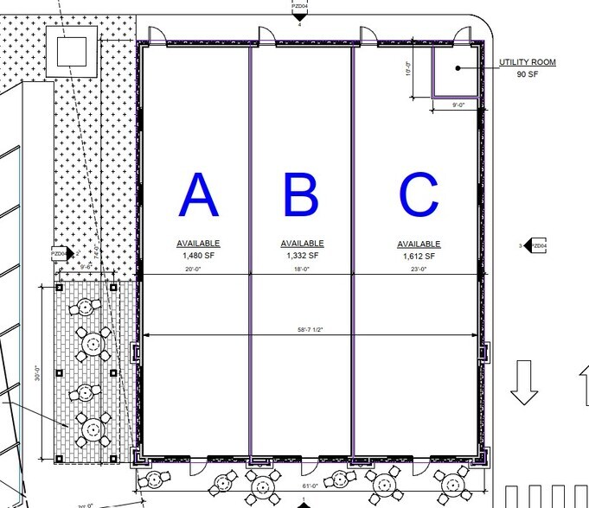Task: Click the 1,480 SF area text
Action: click(x=198, y=256)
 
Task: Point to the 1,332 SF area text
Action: click(x=302, y=256)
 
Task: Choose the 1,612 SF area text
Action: click(x=419, y=256)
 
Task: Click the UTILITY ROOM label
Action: click(x=527, y=62)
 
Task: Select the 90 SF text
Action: click(x=527, y=75)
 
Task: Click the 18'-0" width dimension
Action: click(x=302, y=270)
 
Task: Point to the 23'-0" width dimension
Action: click(x=419, y=270)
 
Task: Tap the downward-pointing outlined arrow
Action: click(x=522, y=383)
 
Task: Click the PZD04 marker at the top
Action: click(x=298, y=10)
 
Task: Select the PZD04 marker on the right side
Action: click(x=536, y=246)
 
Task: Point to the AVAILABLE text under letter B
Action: click(x=302, y=244)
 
